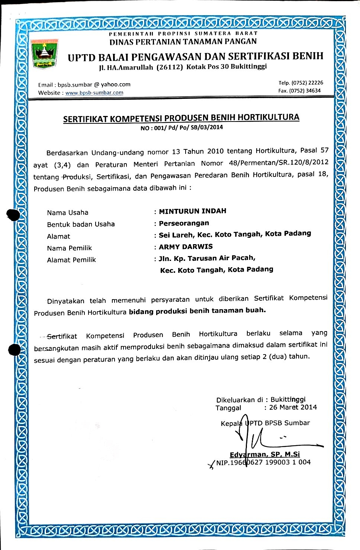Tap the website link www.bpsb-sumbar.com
[94, 93]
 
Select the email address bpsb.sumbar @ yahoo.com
[94, 85]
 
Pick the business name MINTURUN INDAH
[193, 211]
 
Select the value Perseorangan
[184, 223]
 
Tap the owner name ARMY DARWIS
[186, 247]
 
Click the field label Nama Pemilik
[70, 248]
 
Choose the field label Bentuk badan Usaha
[81, 224]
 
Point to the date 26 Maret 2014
[293, 407]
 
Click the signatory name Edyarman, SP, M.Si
[265, 454]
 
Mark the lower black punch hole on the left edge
[14, 350]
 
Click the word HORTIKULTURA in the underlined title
[268, 117]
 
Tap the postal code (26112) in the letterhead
[170, 67]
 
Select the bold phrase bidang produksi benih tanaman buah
[197, 311]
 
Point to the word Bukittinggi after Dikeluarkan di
[288, 399]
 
